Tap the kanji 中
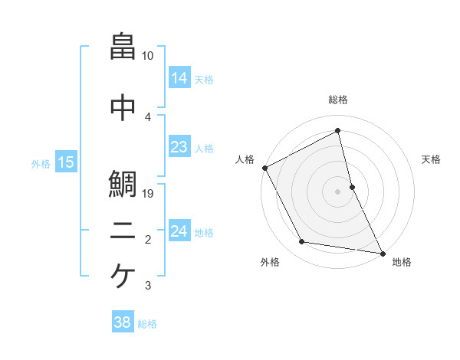[123, 108]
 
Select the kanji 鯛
[123, 185]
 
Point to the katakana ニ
[123, 234]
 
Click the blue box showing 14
[179, 78]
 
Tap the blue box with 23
[179, 148]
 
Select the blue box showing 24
[179, 231]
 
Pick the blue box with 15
[65, 162]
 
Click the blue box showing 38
[122, 323]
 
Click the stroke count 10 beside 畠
[148, 56]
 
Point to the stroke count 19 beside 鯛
[149, 194]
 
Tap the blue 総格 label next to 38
[147, 324]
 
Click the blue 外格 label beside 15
[41, 163]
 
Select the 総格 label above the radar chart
[337, 100]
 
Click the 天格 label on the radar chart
[431, 159]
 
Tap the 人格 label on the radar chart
[245, 159]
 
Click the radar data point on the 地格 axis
[381, 252]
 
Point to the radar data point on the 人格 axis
[264, 168]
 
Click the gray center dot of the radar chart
[337, 191]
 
